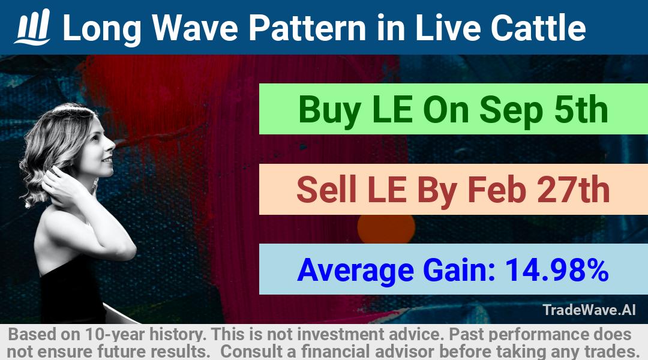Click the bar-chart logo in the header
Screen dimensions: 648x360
[x=32, y=27]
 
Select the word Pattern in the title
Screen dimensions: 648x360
[x=307, y=28]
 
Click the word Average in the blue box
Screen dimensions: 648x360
[x=355, y=271]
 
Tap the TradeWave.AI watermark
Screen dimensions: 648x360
[x=589, y=310]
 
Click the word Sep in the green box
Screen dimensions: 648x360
[x=511, y=110]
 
